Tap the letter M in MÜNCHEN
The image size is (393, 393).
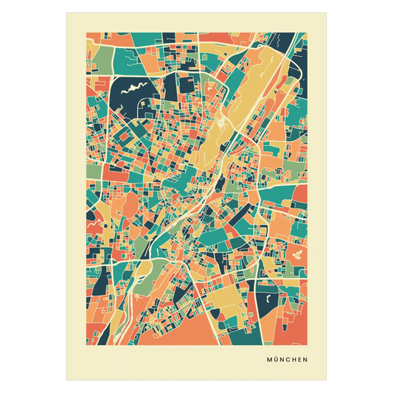point(270,361)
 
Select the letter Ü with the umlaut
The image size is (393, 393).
point(277,361)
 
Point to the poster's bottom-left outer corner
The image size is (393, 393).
point(65,381)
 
